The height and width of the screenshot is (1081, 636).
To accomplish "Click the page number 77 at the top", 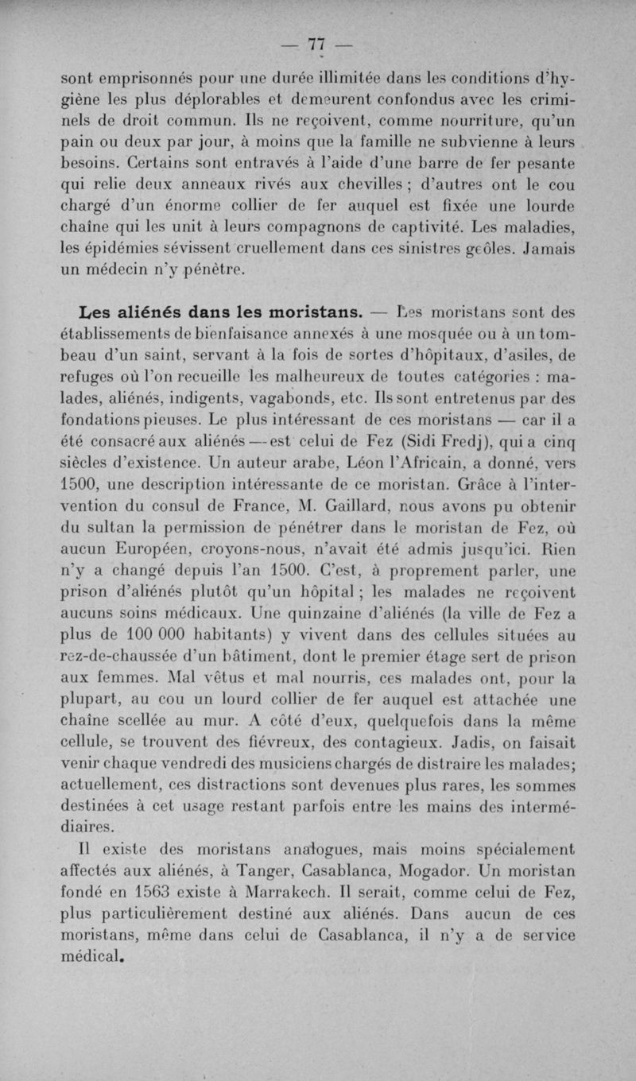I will coord(317,44).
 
